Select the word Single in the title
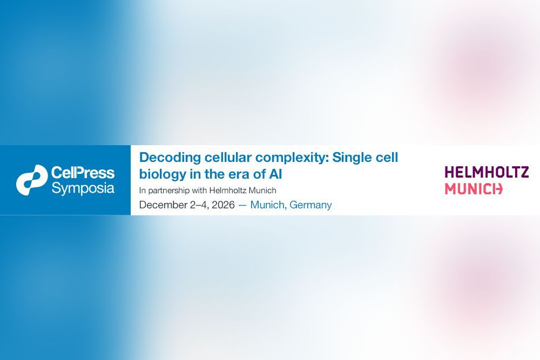point(353,158)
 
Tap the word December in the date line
point(163,205)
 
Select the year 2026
point(223,205)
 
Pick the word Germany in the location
point(310,205)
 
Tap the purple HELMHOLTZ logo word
point(487,172)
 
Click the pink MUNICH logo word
point(474,189)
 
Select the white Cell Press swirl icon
point(32,180)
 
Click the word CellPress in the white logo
point(83,172)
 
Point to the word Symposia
point(83,188)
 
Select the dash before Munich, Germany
point(242,205)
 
